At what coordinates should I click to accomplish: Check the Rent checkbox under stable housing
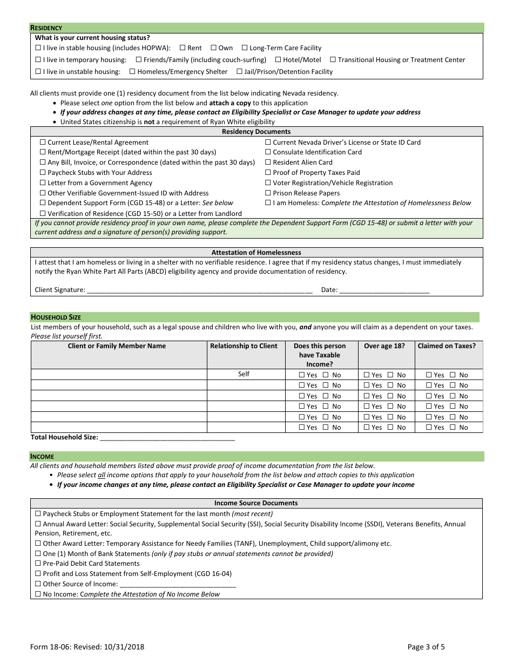[182, 48]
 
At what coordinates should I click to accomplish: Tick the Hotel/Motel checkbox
[278, 60]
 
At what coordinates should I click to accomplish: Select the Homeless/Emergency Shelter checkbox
[132, 72]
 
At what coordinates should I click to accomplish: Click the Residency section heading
[46, 28]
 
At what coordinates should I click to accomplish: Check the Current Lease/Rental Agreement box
[43, 143]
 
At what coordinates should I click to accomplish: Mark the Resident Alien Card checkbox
[268, 162]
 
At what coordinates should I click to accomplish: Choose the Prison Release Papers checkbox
[268, 193]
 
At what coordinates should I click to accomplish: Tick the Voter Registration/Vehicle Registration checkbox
[268, 183]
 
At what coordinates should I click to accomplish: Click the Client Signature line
[199, 290]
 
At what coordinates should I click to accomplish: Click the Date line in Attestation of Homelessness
[384, 290]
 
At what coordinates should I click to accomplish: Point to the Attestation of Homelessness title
[256, 252]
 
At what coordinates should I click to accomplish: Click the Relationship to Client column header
[244, 346]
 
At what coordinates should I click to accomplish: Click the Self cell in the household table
[244, 374]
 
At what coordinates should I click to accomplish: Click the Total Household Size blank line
[167, 437]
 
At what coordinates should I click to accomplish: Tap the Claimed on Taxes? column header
[447, 346]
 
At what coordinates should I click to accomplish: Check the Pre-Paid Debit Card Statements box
[38, 564]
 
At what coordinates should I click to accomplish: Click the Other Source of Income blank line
[178, 584]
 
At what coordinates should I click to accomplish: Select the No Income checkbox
[38, 594]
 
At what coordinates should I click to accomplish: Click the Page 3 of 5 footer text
[426, 647]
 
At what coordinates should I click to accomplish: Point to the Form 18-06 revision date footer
[87, 647]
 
